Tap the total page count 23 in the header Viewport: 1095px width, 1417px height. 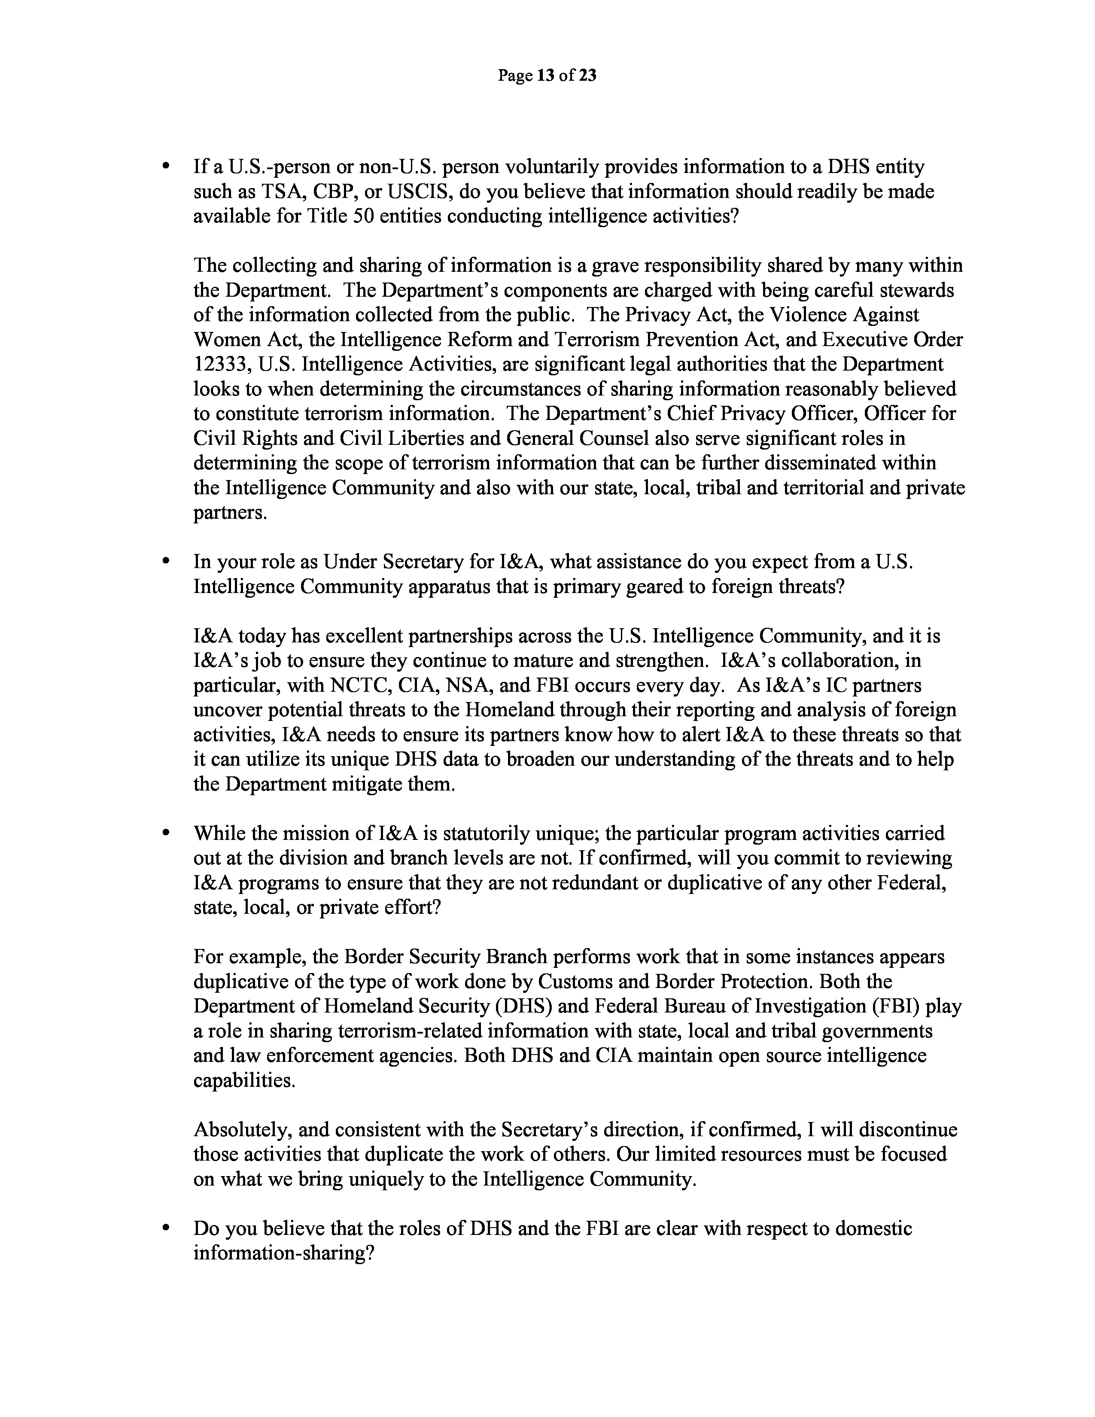[x=587, y=76]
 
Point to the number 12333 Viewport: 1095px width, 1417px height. [x=221, y=365]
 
